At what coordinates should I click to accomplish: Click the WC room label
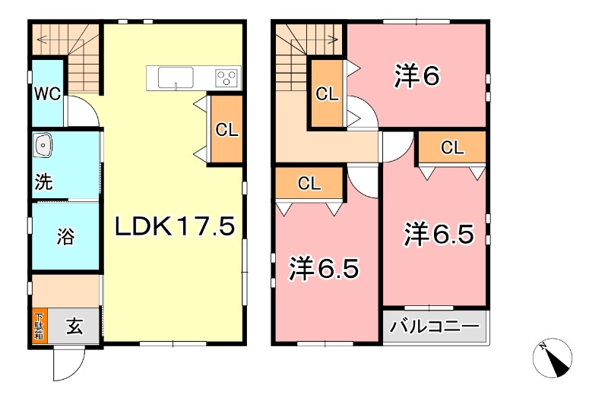coord(45,95)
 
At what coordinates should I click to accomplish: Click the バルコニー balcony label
coord(435,327)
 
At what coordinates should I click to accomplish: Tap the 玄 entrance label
coord(74,327)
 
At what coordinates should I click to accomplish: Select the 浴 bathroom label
coord(65,236)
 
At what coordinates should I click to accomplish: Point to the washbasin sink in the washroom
coord(43,144)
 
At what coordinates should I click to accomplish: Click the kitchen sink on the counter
coord(176,77)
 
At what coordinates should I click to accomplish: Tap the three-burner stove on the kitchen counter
coord(226,77)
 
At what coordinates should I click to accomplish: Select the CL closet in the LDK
coord(226,129)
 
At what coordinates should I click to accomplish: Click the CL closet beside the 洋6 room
coord(327,94)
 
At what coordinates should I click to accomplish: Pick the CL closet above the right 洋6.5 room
coord(451,147)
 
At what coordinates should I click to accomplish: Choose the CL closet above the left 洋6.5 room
coord(309,183)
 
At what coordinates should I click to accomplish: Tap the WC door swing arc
coord(82,112)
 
